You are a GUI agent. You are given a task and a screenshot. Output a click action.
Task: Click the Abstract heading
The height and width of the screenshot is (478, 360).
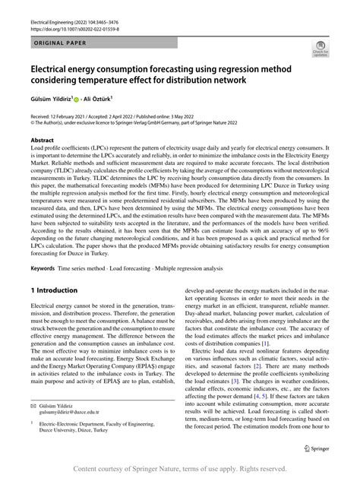pos(43,141)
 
